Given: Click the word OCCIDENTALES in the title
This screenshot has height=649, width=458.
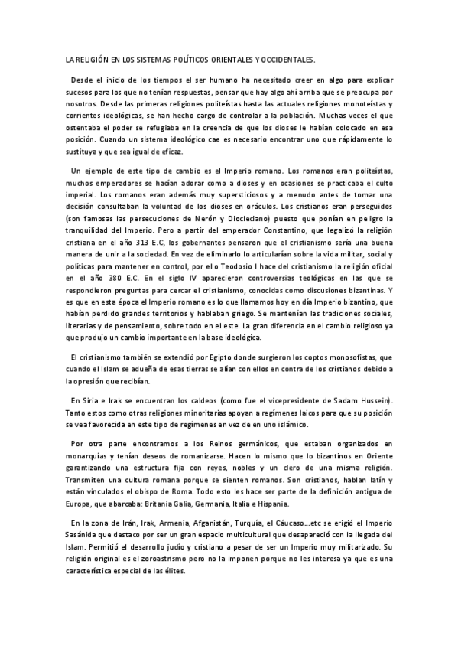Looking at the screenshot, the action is (x=287, y=59).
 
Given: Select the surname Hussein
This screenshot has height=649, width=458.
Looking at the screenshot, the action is (x=371, y=400).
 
